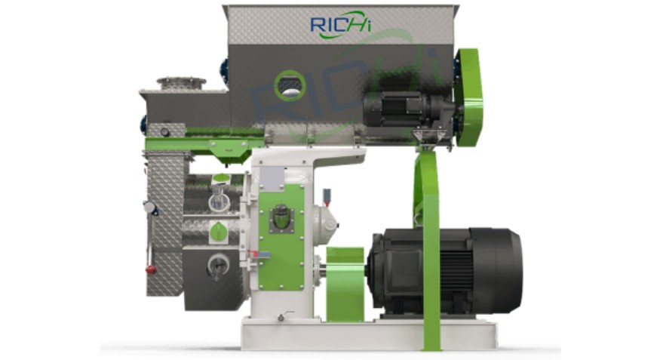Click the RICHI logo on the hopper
coord(340,25)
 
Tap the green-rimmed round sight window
coord(290,85)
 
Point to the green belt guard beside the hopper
coord(469,97)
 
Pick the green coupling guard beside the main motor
coord(345,285)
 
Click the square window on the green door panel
coord(280,217)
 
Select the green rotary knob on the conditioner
coord(219,232)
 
